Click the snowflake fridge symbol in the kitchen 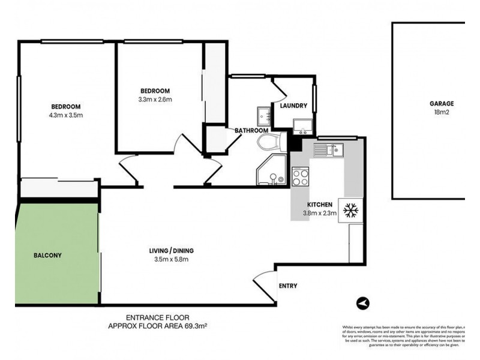pyautogui.click(x=350, y=210)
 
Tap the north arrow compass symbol pyautogui.click(x=362, y=304)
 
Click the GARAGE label pyautogui.click(x=441, y=103)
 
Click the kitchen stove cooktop pyautogui.click(x=300, y=176)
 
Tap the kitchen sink pyautogui.click(x=329, y=149)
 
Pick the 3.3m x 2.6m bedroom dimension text pyautogui.click(x=156, y=100)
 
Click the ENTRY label pyautogui.click(x=288, y=286)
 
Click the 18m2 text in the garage pyautogui.click(x=441, y=112)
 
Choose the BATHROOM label pyautogui.click(x=251, y=130)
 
